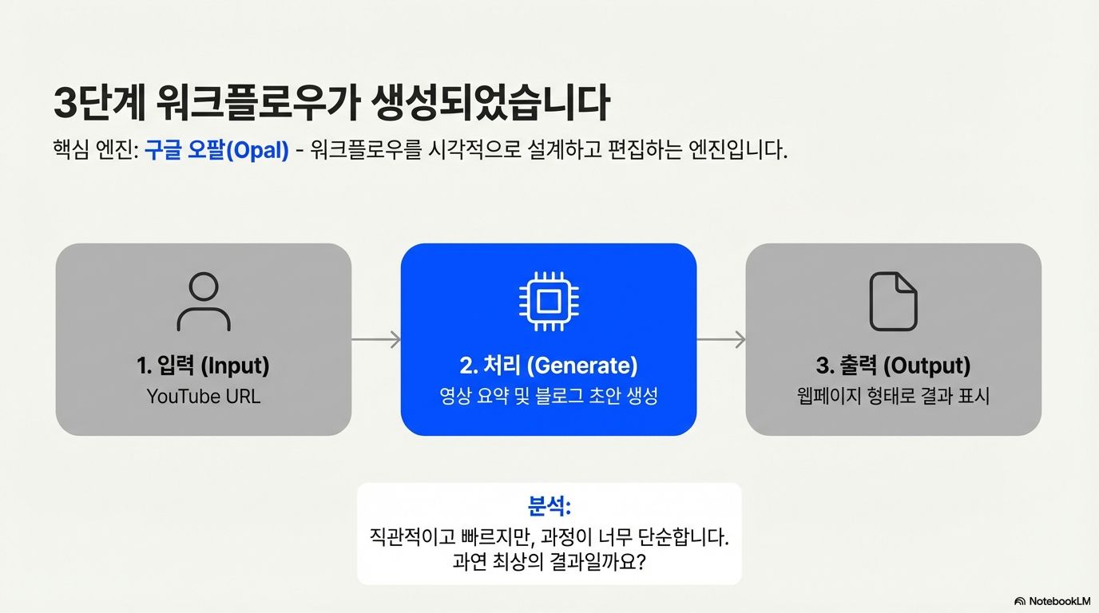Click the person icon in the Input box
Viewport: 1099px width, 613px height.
point(204,302)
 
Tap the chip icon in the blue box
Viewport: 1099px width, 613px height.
point(549,302)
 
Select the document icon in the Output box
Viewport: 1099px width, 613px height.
point(893,302)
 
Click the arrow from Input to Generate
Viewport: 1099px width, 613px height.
point(376,340)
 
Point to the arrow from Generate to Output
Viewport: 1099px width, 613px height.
point(721,340)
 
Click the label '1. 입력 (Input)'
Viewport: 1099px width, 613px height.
point(203,366)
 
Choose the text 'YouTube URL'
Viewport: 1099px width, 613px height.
point(203,396)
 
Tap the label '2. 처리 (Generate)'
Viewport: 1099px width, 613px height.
point(549,366)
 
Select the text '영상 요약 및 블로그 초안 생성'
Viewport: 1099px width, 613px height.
point(549,396)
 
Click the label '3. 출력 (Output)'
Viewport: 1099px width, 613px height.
point(893,366)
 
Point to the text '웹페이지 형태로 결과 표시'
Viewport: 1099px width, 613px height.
point(893,396)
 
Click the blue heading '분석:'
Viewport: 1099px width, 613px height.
point(549,506)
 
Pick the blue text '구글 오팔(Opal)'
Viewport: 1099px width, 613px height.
point(216,151)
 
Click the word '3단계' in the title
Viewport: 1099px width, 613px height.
point(100,104)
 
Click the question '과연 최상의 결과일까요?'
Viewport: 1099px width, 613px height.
point(549,562)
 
